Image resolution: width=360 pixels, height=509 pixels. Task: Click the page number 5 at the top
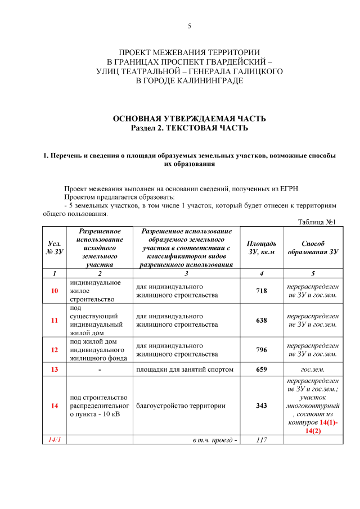point(190,26)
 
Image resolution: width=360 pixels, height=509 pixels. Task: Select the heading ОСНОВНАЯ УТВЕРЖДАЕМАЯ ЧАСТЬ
point(190,119)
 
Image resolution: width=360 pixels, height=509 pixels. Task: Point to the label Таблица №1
point(317,222)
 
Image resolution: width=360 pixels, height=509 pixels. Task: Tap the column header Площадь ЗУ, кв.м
point(262,247)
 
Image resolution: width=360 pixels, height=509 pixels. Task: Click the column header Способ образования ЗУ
point(313,247)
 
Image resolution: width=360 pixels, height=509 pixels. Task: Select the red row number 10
point(55,291)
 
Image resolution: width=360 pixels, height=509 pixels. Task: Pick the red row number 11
point(55,320)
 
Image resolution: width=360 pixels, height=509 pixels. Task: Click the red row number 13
point(55,370)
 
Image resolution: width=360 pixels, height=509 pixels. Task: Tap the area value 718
point(262,291)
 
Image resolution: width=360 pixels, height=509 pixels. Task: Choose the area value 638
point(262,320)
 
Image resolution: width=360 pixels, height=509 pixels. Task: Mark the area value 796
point(262,349)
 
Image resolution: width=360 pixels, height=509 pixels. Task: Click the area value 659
point(262,370)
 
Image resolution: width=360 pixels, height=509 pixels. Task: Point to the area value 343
point(262,406)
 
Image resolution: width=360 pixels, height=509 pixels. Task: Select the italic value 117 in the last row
point(262,439)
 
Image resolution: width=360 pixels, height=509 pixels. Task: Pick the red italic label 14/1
point(55,439)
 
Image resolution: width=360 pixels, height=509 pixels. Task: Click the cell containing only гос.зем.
point(313,370)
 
